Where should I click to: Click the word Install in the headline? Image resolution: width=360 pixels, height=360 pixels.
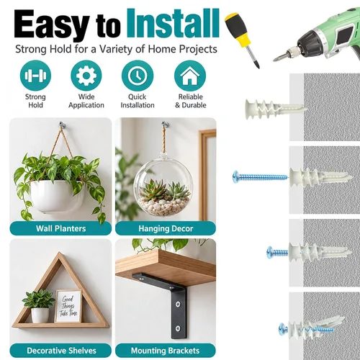(x=173, y=23)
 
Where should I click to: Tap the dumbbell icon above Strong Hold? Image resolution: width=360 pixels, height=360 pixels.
(x=35, y=76)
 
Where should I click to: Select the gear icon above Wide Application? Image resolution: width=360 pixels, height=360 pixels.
(x=86, y=76)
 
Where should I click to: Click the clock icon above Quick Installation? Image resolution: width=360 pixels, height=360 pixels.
(x=138, y=76)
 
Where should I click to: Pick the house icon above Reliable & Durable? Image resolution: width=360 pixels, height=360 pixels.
(x=190, y=76)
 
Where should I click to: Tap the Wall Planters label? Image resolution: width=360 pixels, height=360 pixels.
(x=60, y=228)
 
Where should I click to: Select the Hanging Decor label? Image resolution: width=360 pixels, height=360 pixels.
(x=166, y=228)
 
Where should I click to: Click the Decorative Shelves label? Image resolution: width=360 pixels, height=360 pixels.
(x=61, y=351)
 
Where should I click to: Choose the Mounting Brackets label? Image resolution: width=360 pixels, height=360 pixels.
(x=166, y=351)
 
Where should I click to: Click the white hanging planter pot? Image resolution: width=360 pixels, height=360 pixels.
(x=57, y=197)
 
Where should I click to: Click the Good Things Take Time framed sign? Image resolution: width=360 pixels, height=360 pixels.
(x=68, y=306)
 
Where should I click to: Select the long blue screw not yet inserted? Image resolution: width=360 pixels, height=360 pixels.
(x=260, y=177)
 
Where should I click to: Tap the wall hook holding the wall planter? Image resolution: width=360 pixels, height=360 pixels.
(x=62, y=125)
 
